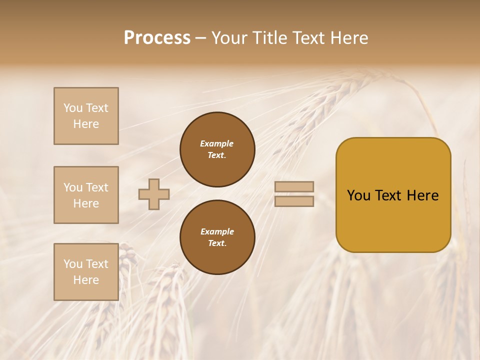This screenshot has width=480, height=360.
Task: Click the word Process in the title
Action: click(157, 38)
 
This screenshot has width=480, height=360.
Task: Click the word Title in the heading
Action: click(267, 38)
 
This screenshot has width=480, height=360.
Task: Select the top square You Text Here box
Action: click(86, 116)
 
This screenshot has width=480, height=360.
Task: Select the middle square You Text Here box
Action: click(86, 195)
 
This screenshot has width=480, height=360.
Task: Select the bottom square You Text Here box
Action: click(86, 272)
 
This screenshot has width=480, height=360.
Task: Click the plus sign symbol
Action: click(154, 194)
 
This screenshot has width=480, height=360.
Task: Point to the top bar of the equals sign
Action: click(294, 187)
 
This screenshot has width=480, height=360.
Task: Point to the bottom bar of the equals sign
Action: click(294, 201)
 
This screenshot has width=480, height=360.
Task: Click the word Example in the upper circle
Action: click(217, 143)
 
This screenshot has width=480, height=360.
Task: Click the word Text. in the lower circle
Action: click(217, 243)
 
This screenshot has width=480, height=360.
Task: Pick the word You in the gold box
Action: click(358, 195)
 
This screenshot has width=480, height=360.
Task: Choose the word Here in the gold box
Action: click(422, 195)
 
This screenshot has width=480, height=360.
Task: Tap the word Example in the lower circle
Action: click(217, 231)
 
